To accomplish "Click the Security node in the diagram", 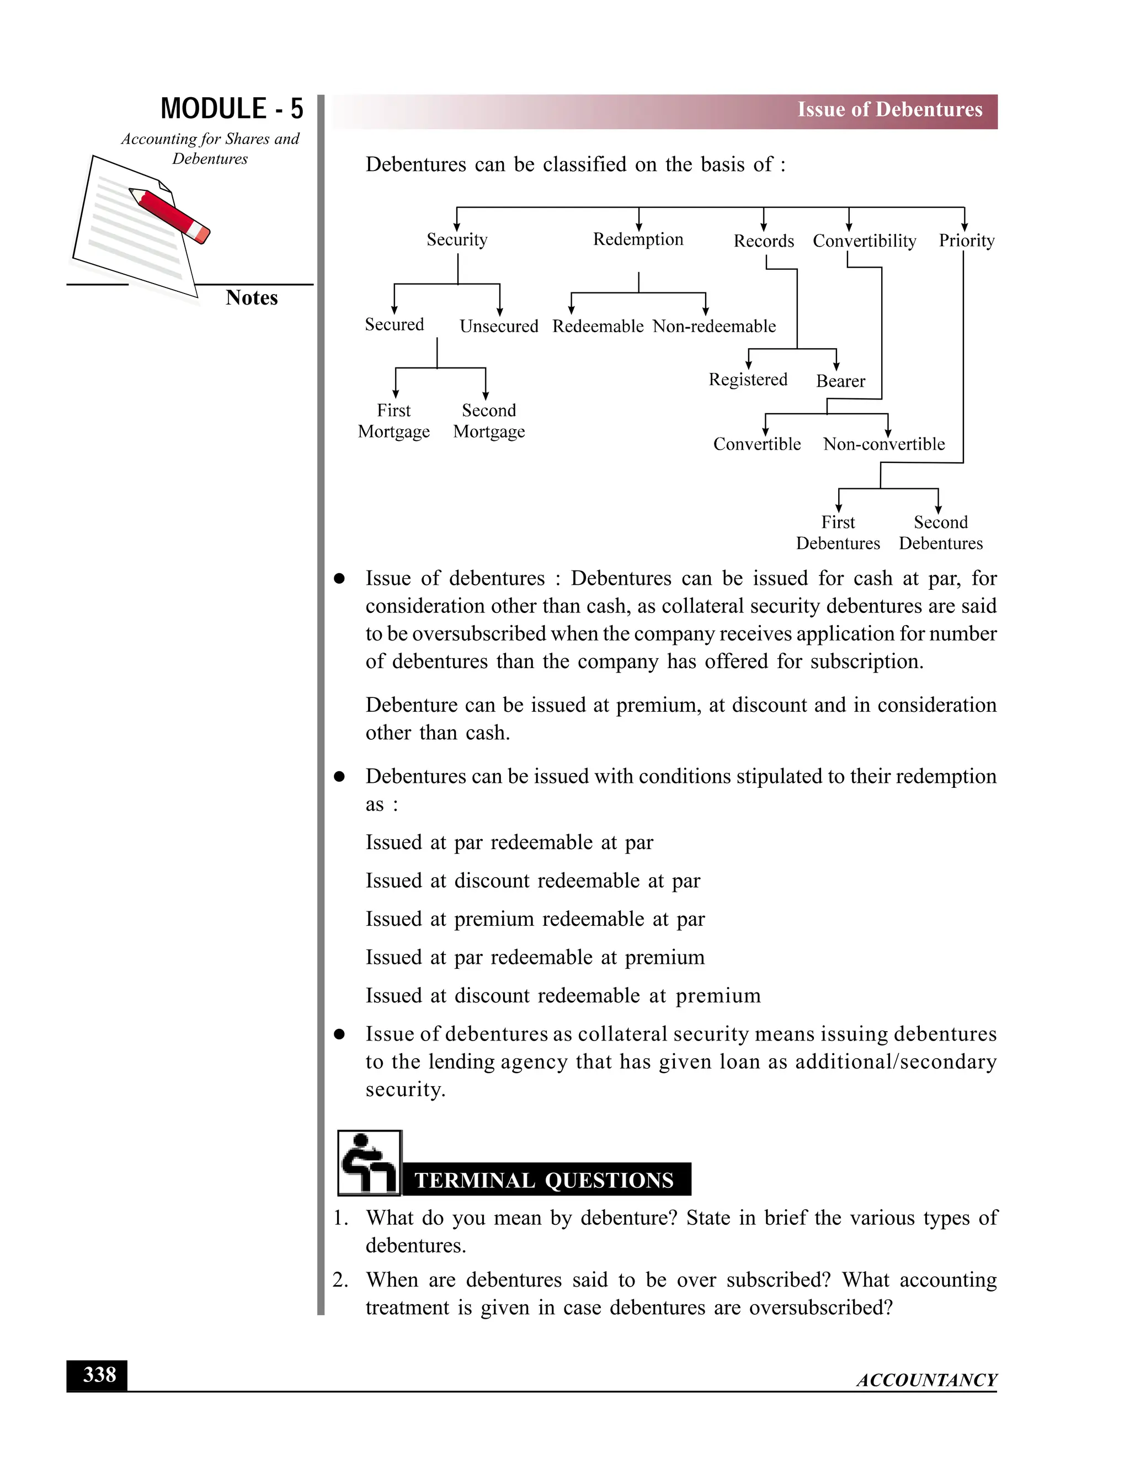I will (x=457, y=239).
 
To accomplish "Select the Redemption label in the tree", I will (x=638, y=239).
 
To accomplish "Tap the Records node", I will (x=764, y=241).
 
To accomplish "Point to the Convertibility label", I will (x=864, y=241).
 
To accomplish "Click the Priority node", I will (x=966, y=241).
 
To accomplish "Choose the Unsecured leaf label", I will (x=499, y=326).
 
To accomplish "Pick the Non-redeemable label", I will (x=715, y=326).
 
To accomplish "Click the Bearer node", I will (x=840, y=381).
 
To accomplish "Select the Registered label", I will (x=748, y=380).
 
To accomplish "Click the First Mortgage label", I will (x=393, y=421).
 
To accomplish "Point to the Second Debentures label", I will (x=941, y=533).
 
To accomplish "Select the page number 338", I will (x=98, y=1375).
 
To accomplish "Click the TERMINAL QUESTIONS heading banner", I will (x=543, y=1180).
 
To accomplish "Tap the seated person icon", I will (x=369, y=1164).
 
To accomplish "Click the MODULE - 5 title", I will (x=232, y=109).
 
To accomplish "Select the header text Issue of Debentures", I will (x=889, y=110).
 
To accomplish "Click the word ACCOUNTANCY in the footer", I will (x=926, y=1380).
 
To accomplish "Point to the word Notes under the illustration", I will (x=251, y=298).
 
